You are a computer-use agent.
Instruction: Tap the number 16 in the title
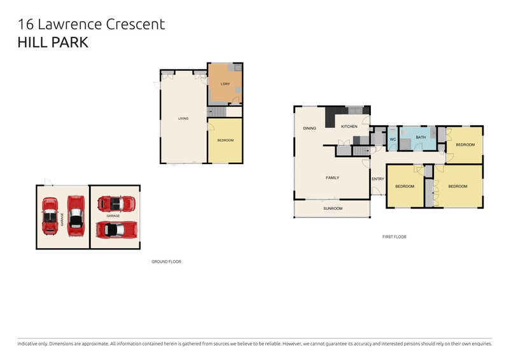tap(25, 25)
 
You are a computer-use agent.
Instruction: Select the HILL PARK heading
tap(53, 43)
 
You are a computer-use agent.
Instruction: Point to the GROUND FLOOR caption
tap(166, 261)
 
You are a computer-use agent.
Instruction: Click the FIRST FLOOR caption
tap(394, 237)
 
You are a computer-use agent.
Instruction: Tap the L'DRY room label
tap(225, 85)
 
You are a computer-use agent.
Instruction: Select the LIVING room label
tap(183, 118)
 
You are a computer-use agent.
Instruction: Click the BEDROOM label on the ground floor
tap(225, 140)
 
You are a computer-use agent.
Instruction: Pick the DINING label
tap(309, 128)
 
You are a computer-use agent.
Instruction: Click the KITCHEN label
tap(349, 127)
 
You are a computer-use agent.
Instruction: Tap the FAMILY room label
tap(332, 177)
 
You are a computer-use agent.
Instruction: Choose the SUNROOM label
tap(332, 209)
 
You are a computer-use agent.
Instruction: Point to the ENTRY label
tap(378, 179)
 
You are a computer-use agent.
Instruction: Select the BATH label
tap(421, 137)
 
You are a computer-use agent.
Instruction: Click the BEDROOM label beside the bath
tap(465, 144)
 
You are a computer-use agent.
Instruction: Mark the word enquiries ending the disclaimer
tap(479, 343)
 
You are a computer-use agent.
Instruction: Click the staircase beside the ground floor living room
tap(216, 112)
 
